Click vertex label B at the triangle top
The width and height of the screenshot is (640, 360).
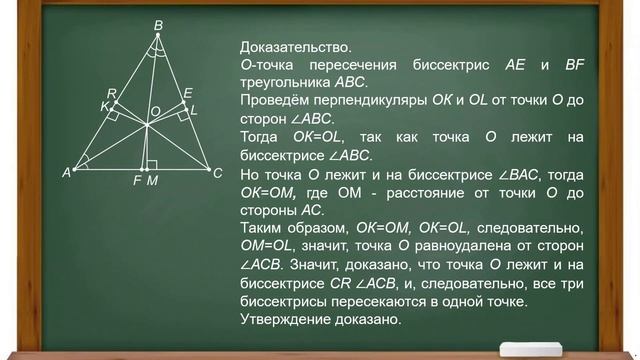click(158, 25)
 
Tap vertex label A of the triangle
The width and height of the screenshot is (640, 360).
click(66, 173)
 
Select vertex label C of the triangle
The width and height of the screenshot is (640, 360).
click(217, 173)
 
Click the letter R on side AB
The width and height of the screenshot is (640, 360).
click(112, 93)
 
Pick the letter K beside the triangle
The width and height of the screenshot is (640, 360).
click(104, 106)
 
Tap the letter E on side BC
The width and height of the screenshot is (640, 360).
click(187, 93)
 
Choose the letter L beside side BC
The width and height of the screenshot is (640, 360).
click(194, 107)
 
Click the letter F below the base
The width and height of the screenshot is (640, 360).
click(137, 181)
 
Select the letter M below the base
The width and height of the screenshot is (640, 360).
click(152, 181)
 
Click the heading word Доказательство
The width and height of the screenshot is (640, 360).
click(295, 47)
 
